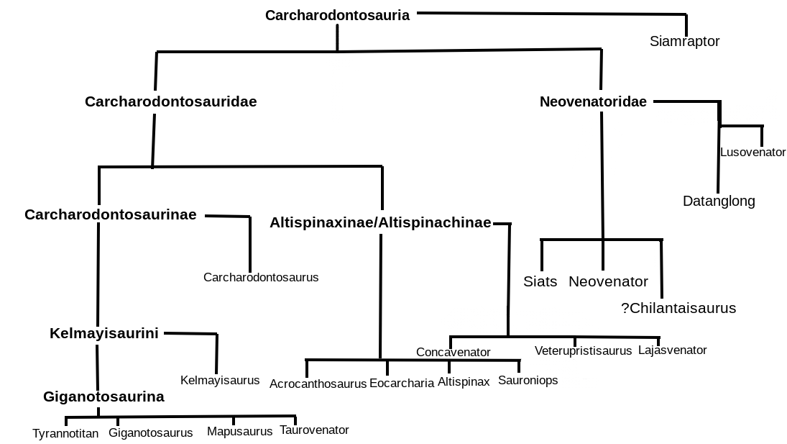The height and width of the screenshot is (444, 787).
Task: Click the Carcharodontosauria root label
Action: [x=337, y=15]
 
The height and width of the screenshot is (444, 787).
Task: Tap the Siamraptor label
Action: [x=684, y=41]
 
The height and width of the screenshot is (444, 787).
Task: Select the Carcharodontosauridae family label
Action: [x=170, y=101]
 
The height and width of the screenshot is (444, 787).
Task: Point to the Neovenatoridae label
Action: [x=593, y=101]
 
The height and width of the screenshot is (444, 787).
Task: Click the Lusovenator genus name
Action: [x=753, y=152]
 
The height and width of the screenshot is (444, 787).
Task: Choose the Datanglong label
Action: [x=719, y=201]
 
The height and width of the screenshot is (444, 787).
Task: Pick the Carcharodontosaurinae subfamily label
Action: [x=110, y=214]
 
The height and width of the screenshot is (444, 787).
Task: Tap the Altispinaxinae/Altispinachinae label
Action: [x=380, y=222]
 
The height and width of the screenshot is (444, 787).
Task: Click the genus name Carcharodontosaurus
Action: [x=261, y=277]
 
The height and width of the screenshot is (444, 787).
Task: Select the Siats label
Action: [x=540, y=281]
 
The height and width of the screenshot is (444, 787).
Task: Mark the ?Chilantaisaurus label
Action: [x=678, y=308]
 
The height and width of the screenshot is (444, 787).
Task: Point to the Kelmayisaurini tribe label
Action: [x=104, y=333]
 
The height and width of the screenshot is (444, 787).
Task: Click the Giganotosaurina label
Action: [x=103, y=397]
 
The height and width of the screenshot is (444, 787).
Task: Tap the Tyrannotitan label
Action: [x=65, y=433]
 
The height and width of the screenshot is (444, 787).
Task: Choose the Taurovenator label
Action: [x=314, y=430]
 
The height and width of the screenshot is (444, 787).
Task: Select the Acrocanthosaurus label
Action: [x=318, y=384]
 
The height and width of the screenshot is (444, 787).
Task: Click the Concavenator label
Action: [x=453, y=352]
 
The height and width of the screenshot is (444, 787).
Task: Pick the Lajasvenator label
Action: [x=672, y=350]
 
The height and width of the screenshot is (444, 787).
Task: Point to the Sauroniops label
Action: [x=528, y=380]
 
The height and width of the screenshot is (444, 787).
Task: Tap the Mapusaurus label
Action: [x=239, y=431]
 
